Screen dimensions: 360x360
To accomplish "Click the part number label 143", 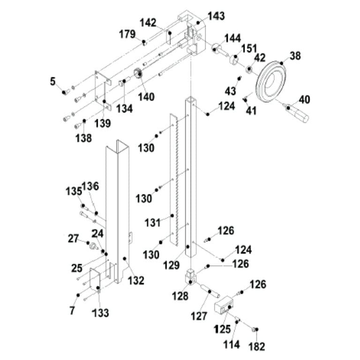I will (217, 16).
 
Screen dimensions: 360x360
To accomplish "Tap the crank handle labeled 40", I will (299, 112).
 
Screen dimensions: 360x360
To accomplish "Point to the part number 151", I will (249, 49).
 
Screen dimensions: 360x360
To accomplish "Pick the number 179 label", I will (127, 34).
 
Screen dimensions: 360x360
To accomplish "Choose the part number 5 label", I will (53, 81).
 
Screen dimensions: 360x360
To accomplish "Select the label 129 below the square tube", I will (172, 266).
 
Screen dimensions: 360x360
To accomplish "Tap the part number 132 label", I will (135, 280).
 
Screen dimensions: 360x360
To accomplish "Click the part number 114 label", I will (232, 345).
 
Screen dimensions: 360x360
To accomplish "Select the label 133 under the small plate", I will (100, 312).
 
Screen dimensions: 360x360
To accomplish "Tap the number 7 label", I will (72, 310).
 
